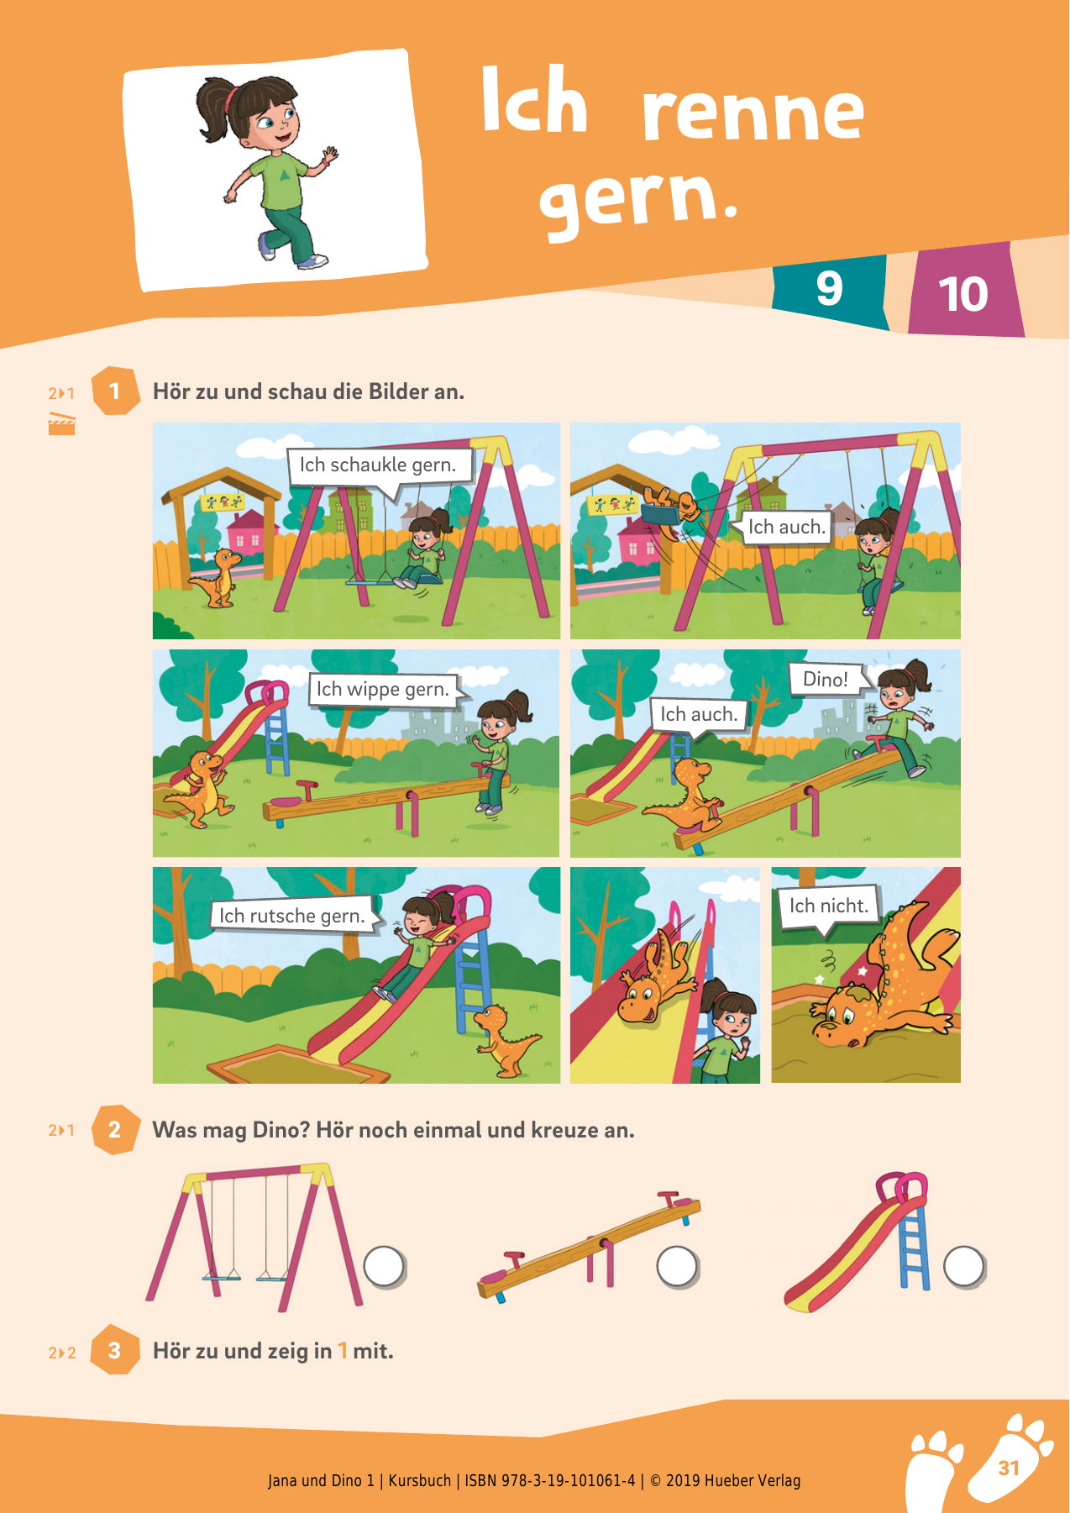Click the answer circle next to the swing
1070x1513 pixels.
384,1265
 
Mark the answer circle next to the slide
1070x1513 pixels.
963,1265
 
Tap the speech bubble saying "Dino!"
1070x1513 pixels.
826,680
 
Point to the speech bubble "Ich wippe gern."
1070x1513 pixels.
383,690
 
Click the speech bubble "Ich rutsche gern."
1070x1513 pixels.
292,916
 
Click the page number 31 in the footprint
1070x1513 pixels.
1009,1468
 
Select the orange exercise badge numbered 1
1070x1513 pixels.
114,391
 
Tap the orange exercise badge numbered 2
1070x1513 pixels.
114,1129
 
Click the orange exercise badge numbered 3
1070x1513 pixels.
114,1350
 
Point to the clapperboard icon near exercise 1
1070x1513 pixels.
61,424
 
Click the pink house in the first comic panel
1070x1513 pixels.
246,536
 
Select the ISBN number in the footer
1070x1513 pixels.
550,1480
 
